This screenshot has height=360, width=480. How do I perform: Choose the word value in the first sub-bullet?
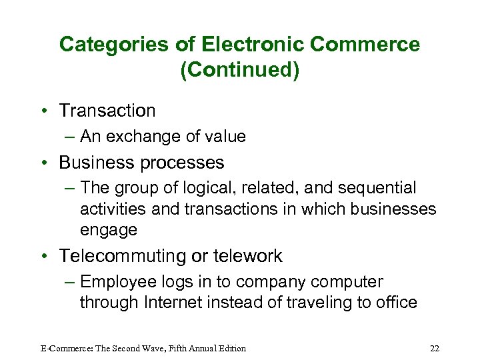click(x=225, y=137)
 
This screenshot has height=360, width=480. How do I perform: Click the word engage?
click(x=109, y=231)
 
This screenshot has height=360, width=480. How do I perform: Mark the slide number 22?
click(x=435, y=348)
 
